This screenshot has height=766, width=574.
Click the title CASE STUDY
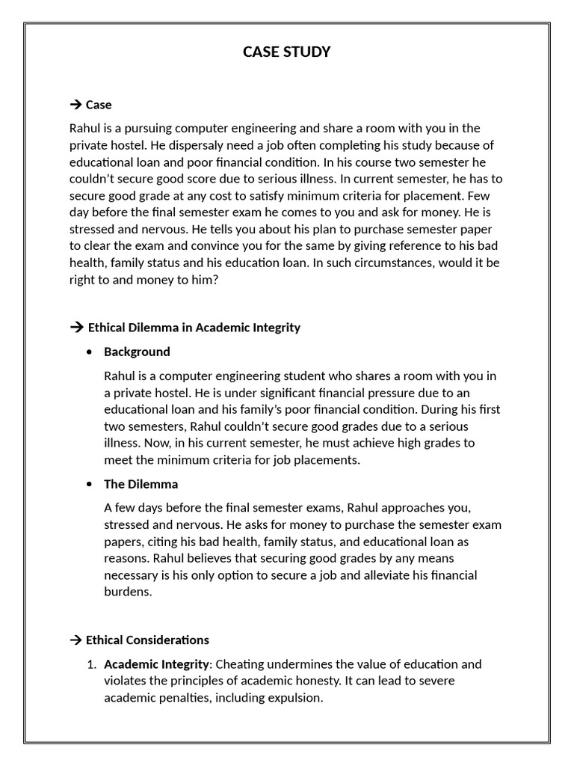(x=287, y=52)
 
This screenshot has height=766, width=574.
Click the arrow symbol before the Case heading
(x=75, y=105)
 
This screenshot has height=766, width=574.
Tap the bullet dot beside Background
(x=90, y=352)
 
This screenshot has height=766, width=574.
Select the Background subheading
(x=137, y=352)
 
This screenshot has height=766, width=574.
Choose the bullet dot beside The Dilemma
(x=90, y=484)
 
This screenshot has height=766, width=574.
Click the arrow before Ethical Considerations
(x=75, y=640)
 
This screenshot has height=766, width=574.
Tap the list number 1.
(x=91, y=664)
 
